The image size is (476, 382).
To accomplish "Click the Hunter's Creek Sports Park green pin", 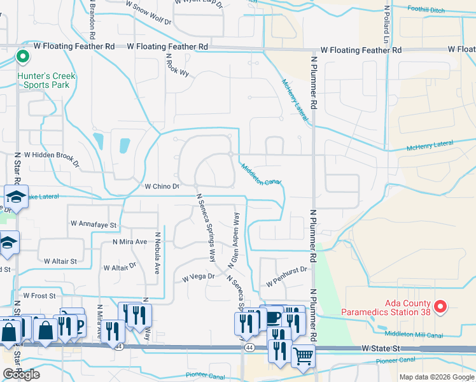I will pyautogui.click(x=22, y=57).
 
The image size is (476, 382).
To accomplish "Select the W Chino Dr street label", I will pyautogui.click(x=163, y=187).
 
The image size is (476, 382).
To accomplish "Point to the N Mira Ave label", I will pyautogui.click(x=130, y=242).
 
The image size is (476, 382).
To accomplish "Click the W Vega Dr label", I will pyautogui.click(x=199, y=277).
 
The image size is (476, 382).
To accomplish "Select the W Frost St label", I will pyautogui.click(x=39, y=295).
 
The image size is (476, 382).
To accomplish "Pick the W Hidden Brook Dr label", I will pyautogui.click(x=52, y=159).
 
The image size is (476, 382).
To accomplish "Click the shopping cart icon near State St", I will pyautogui.click(x=304, y=356).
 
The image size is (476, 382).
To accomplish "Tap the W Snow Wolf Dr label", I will pyautogui.click(x=148, y=13).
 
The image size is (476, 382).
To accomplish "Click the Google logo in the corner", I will pyautogui.click(x=22, y=374).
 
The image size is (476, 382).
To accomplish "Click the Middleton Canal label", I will pyautogui.click(x=261, y=174).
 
